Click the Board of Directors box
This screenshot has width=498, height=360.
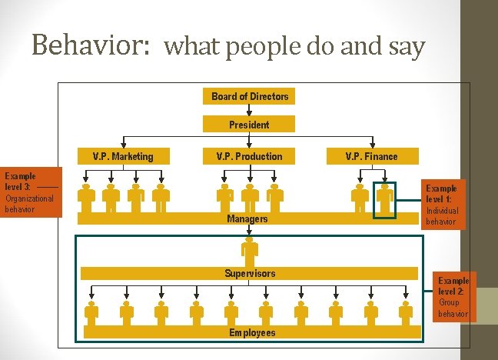(250, 96)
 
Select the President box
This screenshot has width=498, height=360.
(249, 124)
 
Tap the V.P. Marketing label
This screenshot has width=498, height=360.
(123, 156)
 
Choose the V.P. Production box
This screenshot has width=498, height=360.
(249, 156)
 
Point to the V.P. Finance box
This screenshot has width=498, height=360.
(372, 156)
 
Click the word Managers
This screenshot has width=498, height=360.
(247, 219)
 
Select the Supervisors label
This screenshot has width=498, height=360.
(250, 273)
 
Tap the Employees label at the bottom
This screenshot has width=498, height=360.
(252, 332)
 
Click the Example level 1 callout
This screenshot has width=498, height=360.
(443, 205)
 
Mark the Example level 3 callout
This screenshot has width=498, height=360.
(29, 192)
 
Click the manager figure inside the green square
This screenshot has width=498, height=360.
(384, 199)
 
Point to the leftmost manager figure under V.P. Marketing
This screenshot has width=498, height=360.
(87, 199)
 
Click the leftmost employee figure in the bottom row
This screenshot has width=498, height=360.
(92, 313)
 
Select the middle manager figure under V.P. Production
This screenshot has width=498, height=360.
(249, 199)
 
